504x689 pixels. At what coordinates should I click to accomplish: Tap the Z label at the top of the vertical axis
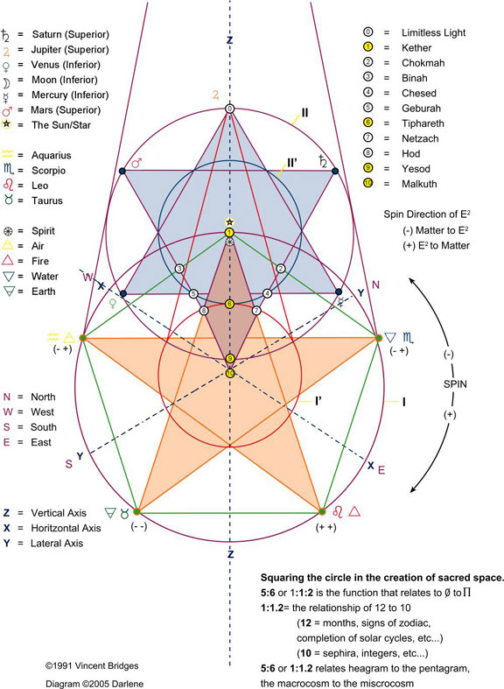point(229,39)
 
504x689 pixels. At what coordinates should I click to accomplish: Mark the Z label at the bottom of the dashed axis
point(229,554)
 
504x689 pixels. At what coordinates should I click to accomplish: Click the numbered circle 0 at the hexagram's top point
point(229,109)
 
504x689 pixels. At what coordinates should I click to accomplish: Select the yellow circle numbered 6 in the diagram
point(229,304)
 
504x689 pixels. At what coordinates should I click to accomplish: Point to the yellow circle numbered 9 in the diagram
point(229,359)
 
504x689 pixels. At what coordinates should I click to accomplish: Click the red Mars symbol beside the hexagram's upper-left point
point(136,162)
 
